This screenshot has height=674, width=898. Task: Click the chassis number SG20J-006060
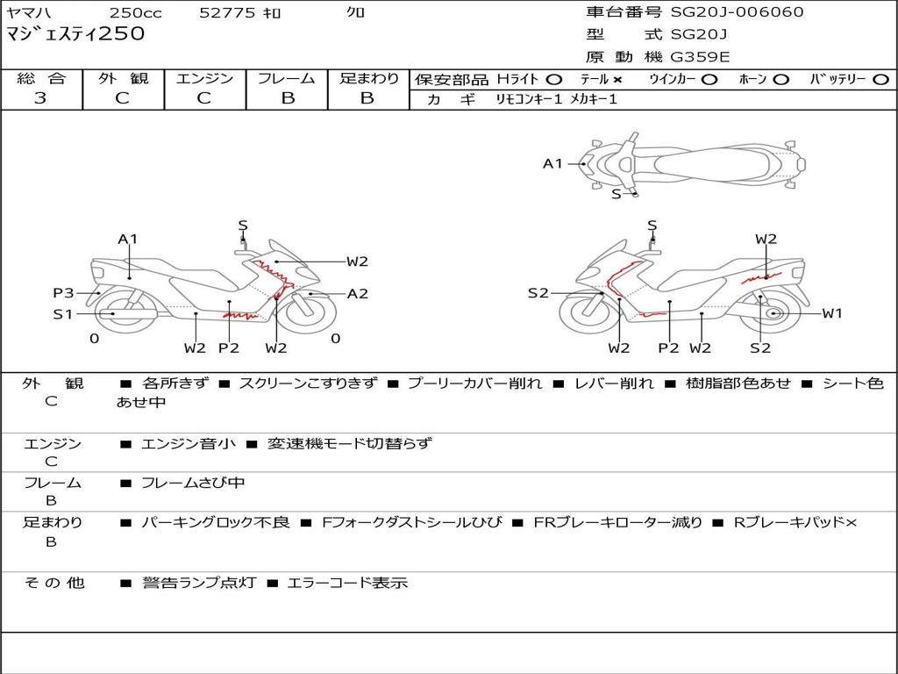(737, 12)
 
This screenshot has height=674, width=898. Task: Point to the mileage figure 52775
(227, 12)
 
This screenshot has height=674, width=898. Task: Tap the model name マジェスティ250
(75, 34)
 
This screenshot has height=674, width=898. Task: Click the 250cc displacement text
(136, 12)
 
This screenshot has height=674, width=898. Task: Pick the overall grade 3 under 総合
(40, 98)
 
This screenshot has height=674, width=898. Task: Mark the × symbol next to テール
(616, 80)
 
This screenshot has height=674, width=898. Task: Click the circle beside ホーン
(780, 80)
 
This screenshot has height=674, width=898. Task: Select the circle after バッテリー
(880, 80)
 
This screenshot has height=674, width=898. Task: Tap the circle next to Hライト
(554, 80)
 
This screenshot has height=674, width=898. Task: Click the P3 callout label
(63, 293)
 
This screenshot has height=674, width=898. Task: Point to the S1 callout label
(63, 313)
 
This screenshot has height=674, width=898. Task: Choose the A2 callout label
(358, 294)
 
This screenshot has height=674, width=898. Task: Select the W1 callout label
(832, 313)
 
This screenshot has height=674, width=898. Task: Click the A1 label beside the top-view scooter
(552, 164)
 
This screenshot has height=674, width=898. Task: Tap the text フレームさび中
(193, 484)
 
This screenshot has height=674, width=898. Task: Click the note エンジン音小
(188, 443)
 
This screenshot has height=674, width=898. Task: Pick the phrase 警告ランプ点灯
(199, 583)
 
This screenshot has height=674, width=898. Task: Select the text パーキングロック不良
(216, 523)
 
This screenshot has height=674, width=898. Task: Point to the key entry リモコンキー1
(529, 99)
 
